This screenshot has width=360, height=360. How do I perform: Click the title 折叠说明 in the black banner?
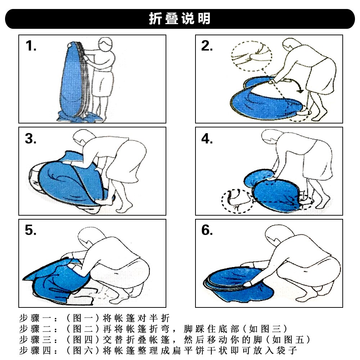180,18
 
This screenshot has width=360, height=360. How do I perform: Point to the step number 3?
31,139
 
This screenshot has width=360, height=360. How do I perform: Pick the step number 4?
207,139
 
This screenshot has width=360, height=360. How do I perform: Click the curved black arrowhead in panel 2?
300,91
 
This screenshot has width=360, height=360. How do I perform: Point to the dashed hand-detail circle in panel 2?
252,56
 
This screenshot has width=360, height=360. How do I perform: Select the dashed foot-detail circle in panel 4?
237,201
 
